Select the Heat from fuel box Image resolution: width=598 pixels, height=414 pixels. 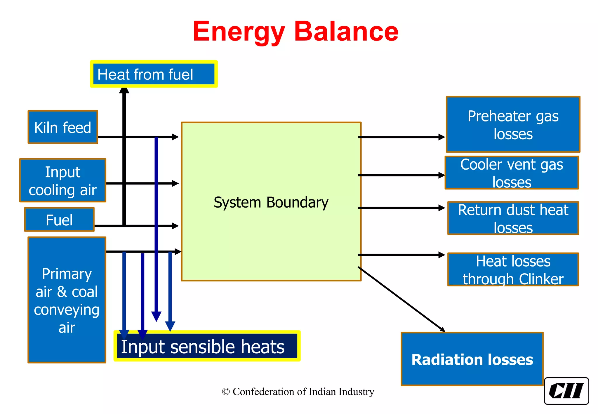[x=154, y=74]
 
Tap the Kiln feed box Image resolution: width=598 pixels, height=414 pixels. [x=63, y=127]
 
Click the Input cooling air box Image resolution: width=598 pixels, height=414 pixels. [x=63, y=180]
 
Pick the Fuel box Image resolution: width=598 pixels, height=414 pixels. [x=59, y=220]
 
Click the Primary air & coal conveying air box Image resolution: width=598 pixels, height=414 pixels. [x=67, y=300]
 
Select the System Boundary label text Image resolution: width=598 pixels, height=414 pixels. [x=271, y=202]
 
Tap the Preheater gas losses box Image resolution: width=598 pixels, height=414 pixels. [x=513, y=125]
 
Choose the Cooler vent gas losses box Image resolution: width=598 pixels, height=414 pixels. [x=512, y=173]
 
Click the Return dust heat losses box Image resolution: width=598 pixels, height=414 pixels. [x=513, y=218]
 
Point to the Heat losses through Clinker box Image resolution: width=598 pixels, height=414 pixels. [x=513, y=269]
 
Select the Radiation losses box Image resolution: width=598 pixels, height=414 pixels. [x=472, y=359]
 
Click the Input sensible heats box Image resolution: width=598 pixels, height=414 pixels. [x=207, y=346]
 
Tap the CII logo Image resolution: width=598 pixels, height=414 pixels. [x=566, y=391]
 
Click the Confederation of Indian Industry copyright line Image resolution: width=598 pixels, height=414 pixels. [x=298, y=392]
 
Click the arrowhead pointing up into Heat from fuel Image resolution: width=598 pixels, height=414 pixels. [x=124, y=91]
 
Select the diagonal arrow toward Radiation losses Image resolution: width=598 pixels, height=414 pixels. [x=401, y=299]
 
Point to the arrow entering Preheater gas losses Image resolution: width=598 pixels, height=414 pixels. [x=401, y=137]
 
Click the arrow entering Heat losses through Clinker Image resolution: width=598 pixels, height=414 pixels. [x=401, y=255]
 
